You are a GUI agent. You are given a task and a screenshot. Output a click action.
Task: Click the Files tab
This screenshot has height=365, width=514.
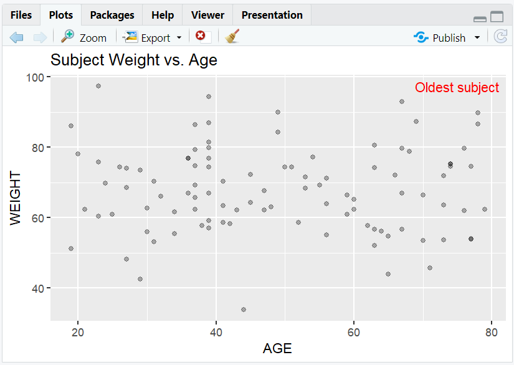tap(21, 15)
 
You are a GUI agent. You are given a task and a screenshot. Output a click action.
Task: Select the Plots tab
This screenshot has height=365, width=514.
tap(60, 15)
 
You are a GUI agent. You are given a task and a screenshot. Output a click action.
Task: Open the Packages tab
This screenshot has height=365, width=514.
tap(112, 15)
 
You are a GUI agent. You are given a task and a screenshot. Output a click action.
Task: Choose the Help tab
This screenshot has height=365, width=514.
tap(163, 15)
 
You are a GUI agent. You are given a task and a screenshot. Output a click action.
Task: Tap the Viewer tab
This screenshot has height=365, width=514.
tap(208, 15)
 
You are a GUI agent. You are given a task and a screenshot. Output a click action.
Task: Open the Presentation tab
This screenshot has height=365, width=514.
tap(272, 15)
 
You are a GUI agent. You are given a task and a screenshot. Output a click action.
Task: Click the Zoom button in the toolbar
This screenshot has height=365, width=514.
tap(84, 37)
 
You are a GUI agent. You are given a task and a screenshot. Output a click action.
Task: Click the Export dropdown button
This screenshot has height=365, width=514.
tap(153, 37)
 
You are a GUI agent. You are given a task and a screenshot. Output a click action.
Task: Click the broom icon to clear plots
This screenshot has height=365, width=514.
tap(232, 37)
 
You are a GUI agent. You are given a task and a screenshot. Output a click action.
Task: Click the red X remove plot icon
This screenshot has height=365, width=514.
tap(201, 37)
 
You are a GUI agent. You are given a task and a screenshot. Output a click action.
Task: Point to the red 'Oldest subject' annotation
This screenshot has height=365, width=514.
tap(457, 88)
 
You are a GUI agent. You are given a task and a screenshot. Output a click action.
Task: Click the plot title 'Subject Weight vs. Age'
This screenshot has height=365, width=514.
tap(133, 60)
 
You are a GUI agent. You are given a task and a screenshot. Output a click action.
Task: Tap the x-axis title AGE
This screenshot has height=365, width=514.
tap(277, 348)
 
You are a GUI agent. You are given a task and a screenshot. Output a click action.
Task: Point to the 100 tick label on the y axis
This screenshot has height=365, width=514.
tap(37, 77)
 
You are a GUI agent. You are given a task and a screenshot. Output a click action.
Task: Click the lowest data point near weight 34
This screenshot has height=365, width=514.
tap(244, 310)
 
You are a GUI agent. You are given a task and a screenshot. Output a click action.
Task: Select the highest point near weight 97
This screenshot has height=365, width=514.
tap(98, 86)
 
